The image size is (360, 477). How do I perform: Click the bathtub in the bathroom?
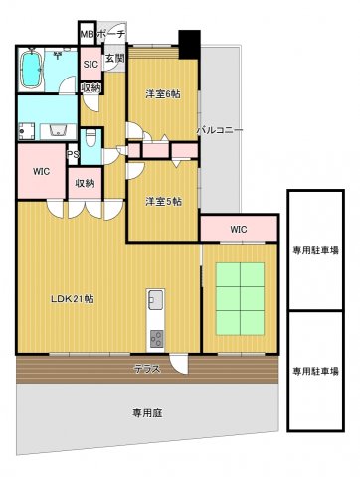tap(33, 71)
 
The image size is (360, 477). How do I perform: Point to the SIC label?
tap(90, 66)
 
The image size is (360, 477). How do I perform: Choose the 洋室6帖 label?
tap(162, 94)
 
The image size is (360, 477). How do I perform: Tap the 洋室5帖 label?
tap(162, 202)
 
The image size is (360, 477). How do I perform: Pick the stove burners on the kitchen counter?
tap(157, 339)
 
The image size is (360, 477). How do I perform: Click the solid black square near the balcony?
tap(188, 44)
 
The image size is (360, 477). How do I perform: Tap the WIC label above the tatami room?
tap(238, 230)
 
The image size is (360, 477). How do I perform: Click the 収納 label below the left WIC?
tap(84, 184)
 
